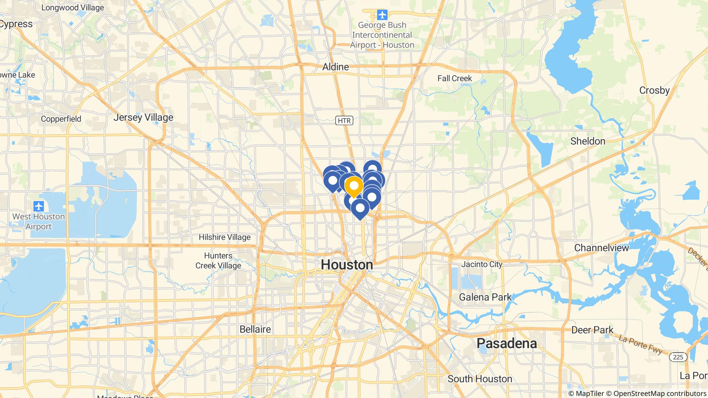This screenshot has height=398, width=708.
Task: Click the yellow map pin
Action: tap(354, 186)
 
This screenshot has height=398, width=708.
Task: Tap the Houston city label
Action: tap(347, 265)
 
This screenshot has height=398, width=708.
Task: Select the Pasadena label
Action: tap(506, 343)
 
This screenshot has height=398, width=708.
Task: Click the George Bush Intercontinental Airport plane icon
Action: tap(382, 15)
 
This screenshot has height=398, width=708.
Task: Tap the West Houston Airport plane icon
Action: tap(39, 206)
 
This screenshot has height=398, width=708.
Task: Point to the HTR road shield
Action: tap(344, 121)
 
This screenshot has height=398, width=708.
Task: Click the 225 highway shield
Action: tap(678, 357)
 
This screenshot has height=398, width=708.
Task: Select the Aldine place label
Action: tap(335, 67)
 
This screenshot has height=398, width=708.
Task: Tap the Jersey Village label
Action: tap(143, 117)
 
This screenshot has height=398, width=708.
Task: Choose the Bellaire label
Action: tap(255, 329)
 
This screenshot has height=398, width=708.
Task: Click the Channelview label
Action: tap(601, 248)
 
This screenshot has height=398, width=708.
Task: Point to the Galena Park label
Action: tap(485, 297)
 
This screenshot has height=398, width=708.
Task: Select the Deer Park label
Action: tap(592, 330)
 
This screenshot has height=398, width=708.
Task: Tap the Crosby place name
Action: tap(654, 90)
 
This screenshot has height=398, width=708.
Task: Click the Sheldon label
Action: tap(588, 141)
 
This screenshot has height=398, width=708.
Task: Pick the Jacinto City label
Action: tap(482, 264)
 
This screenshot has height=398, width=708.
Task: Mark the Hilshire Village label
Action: tap(224, 237)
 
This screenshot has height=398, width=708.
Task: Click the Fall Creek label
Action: tap(455, 78)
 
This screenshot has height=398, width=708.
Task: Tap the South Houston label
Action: tap(480, 379)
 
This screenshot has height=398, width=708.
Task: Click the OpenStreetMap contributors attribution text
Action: tap(660, 394)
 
